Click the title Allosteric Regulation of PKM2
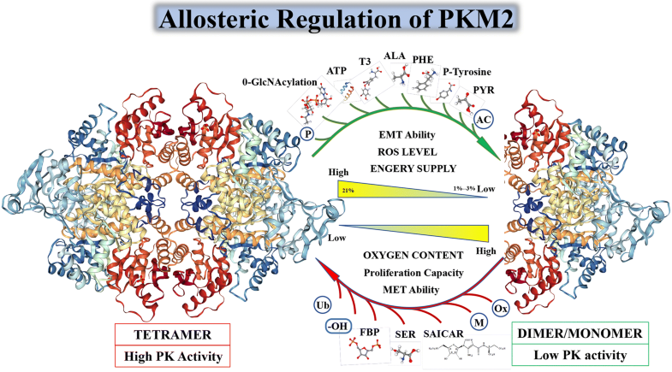point(336,19)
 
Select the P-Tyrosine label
point(468,74)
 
